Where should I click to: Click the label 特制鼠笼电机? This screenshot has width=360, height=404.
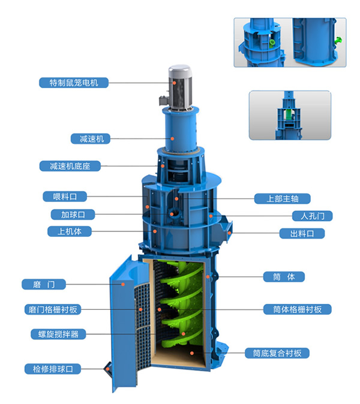(x=74, y=83)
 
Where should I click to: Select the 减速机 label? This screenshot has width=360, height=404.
(x=91, y=139)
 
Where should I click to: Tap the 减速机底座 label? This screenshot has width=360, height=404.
(x=70, y=166)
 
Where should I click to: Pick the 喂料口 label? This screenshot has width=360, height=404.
(x=65, y=197)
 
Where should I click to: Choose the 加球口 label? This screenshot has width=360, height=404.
(x=73, y=215)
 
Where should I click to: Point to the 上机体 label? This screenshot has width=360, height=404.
(x=70, y=231)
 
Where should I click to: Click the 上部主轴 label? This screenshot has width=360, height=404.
(x=283, y=198)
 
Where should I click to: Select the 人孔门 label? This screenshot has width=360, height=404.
(x=312, y=216)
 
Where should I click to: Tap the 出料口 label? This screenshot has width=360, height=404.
(x=302, y=233)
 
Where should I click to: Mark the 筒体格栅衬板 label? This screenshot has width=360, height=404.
(x=298, y=309)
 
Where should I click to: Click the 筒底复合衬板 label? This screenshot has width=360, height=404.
(x=277, y=353)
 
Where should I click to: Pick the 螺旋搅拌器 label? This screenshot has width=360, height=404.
(x=58, y=334)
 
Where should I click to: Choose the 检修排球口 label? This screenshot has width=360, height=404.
(x=53, y=369)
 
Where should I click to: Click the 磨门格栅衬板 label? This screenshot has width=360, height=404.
(x=53, y=309)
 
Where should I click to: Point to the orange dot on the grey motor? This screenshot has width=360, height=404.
(x=175, y=83)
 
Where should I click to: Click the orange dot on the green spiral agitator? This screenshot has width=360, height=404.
(x=184, y=334)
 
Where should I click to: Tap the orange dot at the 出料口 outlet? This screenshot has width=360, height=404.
(x=229, y=233)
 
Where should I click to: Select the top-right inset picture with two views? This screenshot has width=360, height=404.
(x=290, y=43)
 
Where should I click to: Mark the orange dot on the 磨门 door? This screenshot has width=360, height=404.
(x=123, y=284)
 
